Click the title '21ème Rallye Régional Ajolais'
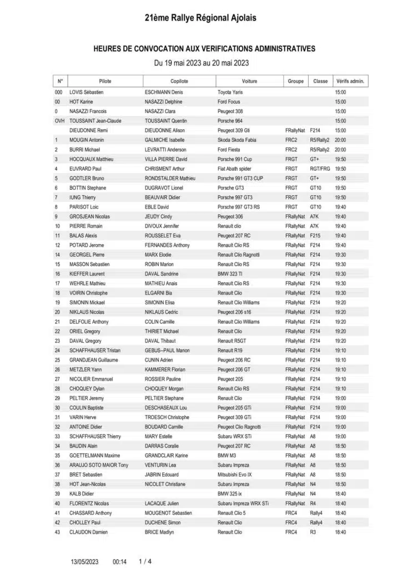coord(200,18)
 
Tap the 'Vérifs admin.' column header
coord(350,81)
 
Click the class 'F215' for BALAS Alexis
coord(315,235)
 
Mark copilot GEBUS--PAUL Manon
coord(167,350)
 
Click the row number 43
coord(57,532)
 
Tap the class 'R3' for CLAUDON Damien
coord(313,532)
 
